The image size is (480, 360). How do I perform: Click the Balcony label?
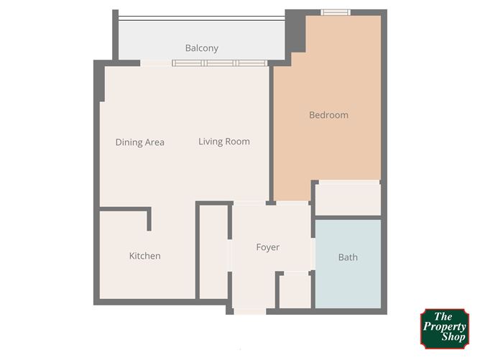pyautogui.click(x=201, y=48)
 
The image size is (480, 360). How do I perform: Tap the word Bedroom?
pyautogui.click(x=328, y=115)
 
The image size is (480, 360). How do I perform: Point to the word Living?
pyautogui.click(x=211, y=142)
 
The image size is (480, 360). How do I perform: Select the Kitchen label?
pyautogui.click(x=144, y=256)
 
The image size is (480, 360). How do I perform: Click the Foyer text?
pyautogui.click(x=267, y=247)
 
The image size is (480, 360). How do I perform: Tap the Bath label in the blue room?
pyautogui.click(x=348, y=257)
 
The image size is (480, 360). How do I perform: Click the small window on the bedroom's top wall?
pyautogui.click(x=336, y=12)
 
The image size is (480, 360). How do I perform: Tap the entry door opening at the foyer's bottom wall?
pyautogui.click(x=250, y=312)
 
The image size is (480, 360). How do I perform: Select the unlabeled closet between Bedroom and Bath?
pyautogui.click(x=348, y=199)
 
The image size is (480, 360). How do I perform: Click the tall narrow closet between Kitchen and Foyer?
pyautogui.click(x=213, y=251)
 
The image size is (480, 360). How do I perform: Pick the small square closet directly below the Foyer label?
pyautogui.click(x=294, y=291)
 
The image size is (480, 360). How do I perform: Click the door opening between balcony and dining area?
pyautogui.click(x=156, y=63)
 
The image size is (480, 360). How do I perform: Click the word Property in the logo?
pyautogui.click(x=444, y=327)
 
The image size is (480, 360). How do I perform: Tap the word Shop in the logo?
pyautogui.click(x=453, y=337)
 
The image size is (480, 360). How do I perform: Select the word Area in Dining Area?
pyautogui.click(x=154, y=142)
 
